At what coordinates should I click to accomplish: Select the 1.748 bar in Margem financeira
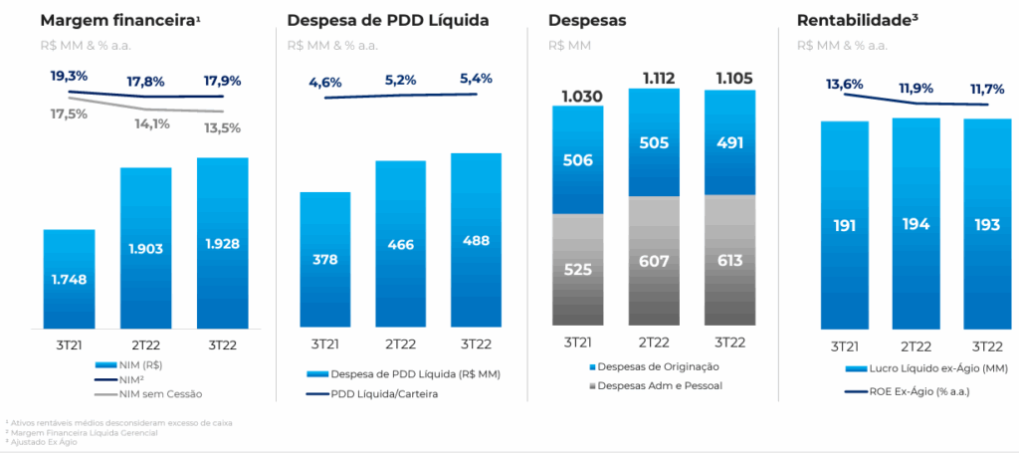point(69,279)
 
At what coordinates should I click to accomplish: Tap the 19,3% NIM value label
point(69,76)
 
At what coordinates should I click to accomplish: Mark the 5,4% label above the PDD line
point(476,79)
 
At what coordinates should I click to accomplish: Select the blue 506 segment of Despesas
point(577,161)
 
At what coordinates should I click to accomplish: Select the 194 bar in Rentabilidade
point(917,224)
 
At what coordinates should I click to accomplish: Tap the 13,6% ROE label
point(845,85)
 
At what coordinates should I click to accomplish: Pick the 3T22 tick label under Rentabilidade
point(987,345)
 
